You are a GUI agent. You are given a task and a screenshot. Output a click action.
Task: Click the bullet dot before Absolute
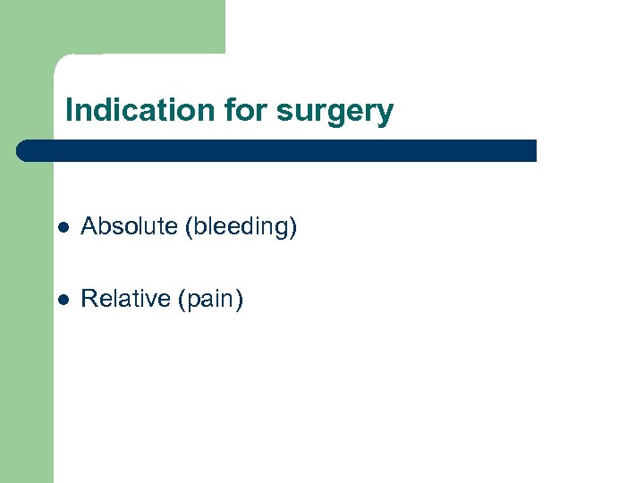tap(60, 228)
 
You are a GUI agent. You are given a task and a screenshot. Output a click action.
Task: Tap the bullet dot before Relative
tap(60, 300)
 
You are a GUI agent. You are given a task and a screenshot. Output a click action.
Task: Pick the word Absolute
tap(129, 227)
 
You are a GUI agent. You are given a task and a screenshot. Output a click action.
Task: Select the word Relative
tap(125, 299)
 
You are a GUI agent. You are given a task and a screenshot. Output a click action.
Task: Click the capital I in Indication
tap(70, 111)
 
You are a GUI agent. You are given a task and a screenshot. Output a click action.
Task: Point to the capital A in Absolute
tap(88, 227)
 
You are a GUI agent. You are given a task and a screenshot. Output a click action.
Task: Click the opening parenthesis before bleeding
tap(188, 228)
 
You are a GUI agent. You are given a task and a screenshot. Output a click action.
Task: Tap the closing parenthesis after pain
tap(239, 300)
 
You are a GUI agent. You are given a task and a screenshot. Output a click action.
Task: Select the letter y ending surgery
tap(386, 114)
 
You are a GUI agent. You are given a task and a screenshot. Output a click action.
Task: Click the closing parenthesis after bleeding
tap(293, 228)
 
